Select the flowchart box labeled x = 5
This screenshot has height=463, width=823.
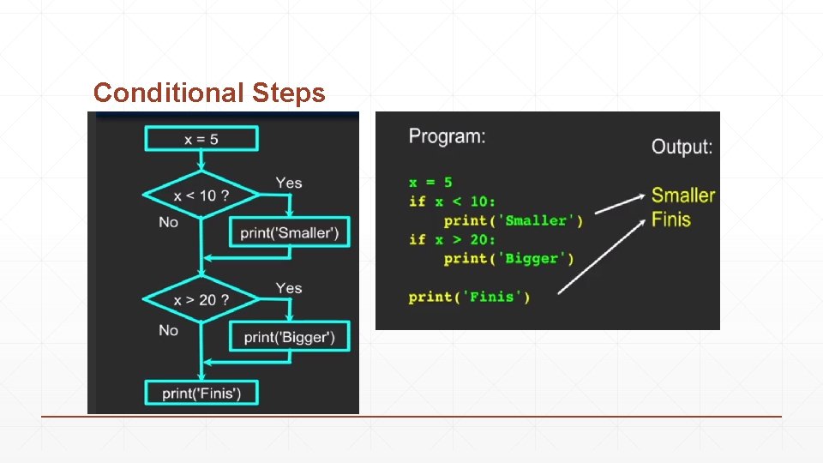[201, 139]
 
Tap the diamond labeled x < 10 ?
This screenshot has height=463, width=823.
[201, 195]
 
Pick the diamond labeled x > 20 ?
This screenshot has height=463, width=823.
[201, 300]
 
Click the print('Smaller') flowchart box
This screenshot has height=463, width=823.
[289, 231]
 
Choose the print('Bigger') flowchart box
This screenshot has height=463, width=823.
[289, 336]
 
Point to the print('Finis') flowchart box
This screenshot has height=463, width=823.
[201, 394]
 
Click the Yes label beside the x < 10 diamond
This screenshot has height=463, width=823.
[289, 183]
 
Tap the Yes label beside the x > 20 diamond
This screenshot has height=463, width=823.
[289, 288]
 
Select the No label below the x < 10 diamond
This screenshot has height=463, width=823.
[169, 222]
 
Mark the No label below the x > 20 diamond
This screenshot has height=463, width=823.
[169, 330]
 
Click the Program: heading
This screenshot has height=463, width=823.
[447, 135]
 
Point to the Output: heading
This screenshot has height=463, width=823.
[682, 146]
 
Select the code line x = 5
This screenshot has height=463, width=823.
[430, 182]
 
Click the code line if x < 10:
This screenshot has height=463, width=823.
[452, 201]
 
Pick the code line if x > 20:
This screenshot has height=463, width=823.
[452, 239]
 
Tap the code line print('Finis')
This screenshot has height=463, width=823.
[469, 297]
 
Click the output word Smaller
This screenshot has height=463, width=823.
[682, 195]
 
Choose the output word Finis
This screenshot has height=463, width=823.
[670, 219]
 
